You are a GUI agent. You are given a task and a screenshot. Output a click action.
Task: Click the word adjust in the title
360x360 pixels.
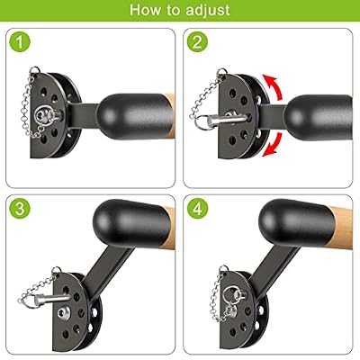coord(208,10)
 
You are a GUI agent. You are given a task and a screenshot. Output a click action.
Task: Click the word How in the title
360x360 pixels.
coord(145,10)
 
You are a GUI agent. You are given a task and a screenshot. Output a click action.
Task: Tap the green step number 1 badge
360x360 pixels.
coord(20,42)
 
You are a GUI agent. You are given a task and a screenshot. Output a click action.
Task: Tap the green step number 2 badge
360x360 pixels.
coord(197,42)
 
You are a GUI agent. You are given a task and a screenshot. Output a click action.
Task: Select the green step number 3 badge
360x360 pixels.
coord(20,208)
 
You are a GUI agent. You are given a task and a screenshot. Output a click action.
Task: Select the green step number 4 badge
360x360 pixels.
coord(197,208)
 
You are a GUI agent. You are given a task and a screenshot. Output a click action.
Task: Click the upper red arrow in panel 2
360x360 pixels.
coord(274,87)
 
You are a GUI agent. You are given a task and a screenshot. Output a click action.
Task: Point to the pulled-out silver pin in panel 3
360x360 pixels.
coord(51,299)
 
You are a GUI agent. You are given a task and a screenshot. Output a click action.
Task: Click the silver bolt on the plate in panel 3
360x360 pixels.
coord(64,313)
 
